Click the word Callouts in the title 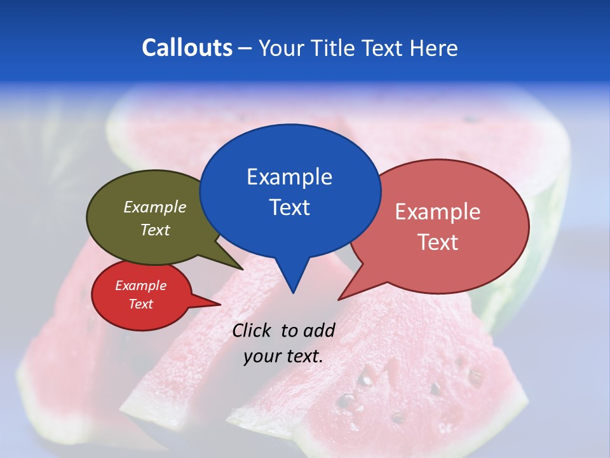coord(187,48)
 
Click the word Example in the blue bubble coord(289,176)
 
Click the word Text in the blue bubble coord(289,207)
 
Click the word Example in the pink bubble coord(438,211)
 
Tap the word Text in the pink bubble coord(438,242)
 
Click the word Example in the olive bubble coord(155,207)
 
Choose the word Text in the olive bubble coord(155,230)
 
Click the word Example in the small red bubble coord(140,286)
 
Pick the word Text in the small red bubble coord(140,304)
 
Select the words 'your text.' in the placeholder coord(283,356)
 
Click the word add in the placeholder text coord(319,330)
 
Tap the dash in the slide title coord(245,48)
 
